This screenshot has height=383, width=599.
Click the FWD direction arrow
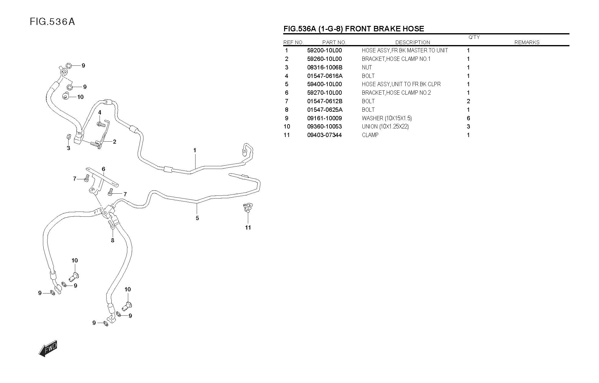[x=48, y=348]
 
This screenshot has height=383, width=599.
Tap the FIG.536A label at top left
[x=52, y=22]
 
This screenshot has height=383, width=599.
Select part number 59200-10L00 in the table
[x=324, y=51]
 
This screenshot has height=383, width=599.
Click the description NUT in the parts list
[x=367, y=67]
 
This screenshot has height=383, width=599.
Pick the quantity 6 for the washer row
[x=468, y=118]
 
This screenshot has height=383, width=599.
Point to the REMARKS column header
[x=527, y=42]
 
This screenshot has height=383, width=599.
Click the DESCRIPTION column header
[x=412, y=42]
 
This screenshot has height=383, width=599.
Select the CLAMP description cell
[x=370, y=135]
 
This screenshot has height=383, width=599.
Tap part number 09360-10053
[x=324, y=126]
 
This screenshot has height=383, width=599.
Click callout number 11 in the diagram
[x=248, y=227]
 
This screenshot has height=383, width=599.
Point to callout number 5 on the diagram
[x=197, y=218]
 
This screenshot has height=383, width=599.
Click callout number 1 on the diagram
[x=195, y=150]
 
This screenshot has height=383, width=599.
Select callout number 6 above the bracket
[x=104, y=169]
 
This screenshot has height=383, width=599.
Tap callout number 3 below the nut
[x=69, y=148]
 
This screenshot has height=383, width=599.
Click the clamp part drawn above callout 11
[x=248, y=207]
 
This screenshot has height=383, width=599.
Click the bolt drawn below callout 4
[x=101, y=124]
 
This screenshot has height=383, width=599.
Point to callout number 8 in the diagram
[x=113, y=240]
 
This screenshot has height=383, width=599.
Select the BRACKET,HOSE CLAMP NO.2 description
[x=396, y=93]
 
